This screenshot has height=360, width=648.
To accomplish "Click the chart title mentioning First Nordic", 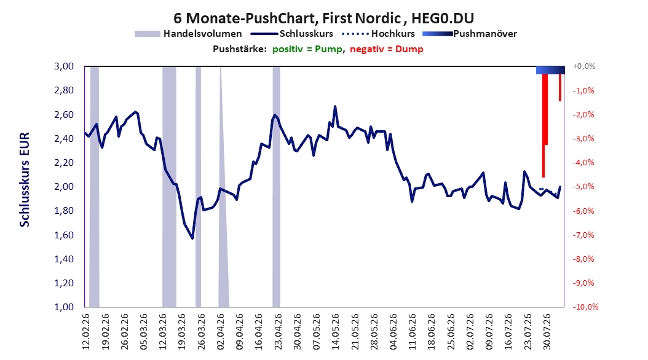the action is (x=323, y=18).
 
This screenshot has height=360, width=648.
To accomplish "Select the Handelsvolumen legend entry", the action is (x=188, y=34).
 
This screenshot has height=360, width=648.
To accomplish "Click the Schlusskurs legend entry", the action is (x=291, y=34).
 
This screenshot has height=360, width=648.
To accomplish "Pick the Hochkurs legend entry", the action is (x=378, y=34).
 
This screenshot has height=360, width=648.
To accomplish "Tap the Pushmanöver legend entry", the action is (x=470, y=34).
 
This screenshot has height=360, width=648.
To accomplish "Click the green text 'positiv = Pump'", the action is (x=307, y=49).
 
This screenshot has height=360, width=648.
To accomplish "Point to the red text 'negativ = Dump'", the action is (x=387, y=49).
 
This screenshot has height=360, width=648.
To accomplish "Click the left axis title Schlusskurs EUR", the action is (x=25, y=179).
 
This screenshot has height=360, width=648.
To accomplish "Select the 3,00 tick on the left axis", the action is (x=64, y=66).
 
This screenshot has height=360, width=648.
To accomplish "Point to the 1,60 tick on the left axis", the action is (x=64, y=235).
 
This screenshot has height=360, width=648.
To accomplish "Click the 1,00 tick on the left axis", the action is (x=64, y=307).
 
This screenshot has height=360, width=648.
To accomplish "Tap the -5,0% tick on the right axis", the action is (x=583, y=187).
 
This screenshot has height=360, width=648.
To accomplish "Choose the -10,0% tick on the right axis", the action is (x=585, y=307).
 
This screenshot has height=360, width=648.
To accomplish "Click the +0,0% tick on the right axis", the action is (x=584, y=66).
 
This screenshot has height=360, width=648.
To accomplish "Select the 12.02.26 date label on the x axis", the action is (x=86, y=332).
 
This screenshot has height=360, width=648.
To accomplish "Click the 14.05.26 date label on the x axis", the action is (x=336, y=332).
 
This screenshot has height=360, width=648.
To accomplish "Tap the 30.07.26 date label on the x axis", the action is (x=547, y=332).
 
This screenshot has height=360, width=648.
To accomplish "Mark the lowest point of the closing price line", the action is (x=192, y=238).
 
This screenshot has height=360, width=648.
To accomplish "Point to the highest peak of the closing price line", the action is (x=335, y=106).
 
